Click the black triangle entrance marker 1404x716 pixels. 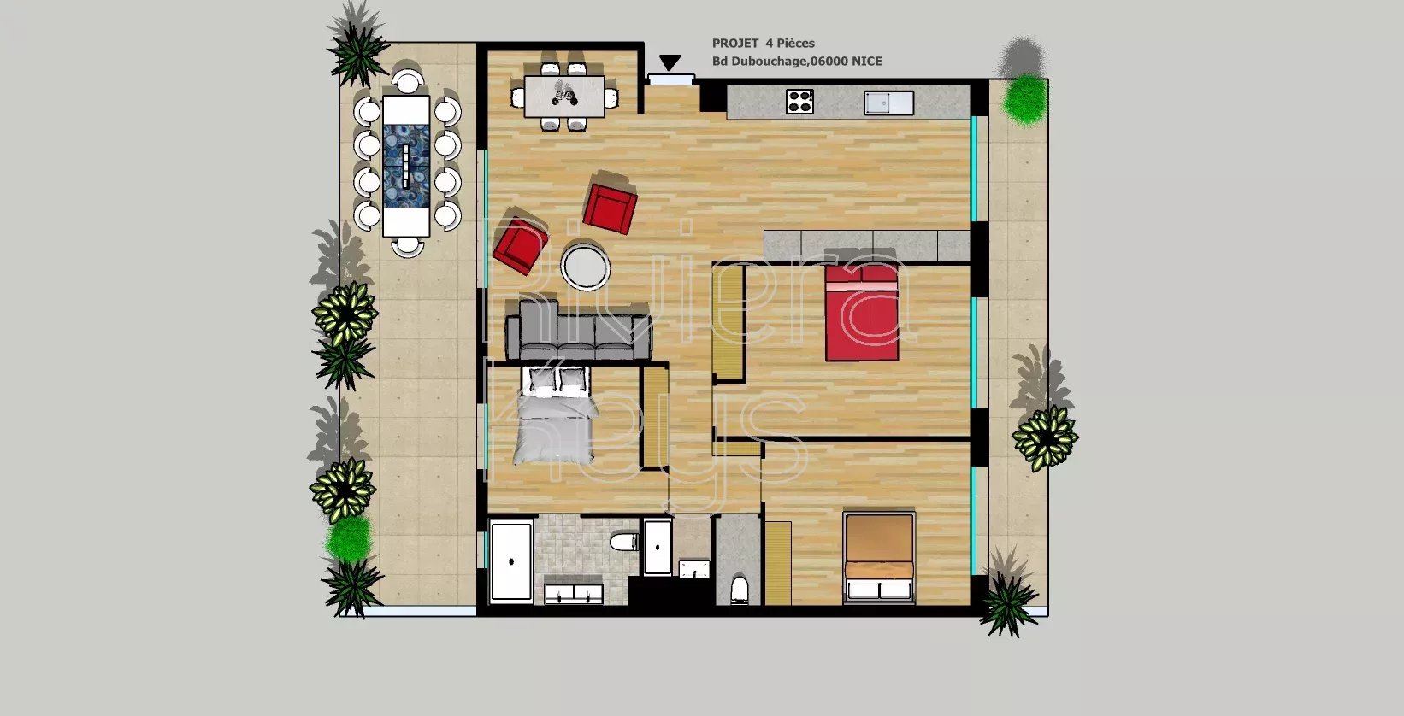(670, 62)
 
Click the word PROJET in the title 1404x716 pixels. (735, 44)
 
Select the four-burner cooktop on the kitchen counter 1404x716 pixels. (799, 102)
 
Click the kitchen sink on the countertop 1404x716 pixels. (888, 103)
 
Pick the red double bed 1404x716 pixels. (862, 313)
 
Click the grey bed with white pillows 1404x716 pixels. (555, 416)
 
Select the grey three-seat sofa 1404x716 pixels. (579, 330)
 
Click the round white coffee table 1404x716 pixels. (586, 267)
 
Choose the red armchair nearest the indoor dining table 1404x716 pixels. (610, 201)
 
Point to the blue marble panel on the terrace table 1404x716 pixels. (406, 165)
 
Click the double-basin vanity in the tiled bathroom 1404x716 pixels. (574, 593)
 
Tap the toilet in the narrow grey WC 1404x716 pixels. (740, 590)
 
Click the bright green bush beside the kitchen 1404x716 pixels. (1025, 99)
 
